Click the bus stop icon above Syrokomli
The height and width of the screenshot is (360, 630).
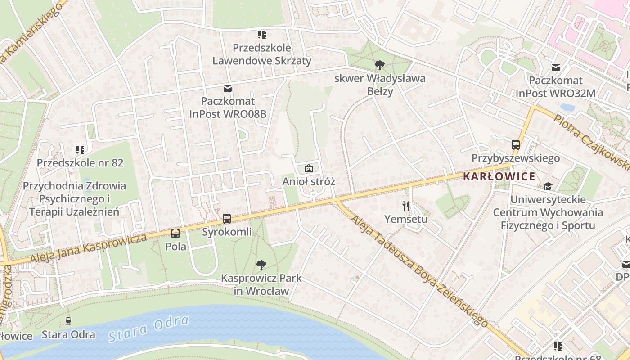point(227,219)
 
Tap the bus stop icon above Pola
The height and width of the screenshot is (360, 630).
point(175,233)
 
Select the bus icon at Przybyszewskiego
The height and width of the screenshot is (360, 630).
point(516,145)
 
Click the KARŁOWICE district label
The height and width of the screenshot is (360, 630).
point(499,176)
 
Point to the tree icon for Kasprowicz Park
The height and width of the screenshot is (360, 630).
point(261,265)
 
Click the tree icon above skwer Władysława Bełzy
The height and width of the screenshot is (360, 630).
point(379,65)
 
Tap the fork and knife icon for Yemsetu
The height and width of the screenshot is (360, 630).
point(406,206)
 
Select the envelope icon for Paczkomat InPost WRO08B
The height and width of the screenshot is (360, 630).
point(228,88)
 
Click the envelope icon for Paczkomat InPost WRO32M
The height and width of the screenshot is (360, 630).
point(556,67)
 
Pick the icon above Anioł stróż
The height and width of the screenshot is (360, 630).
point(309,168)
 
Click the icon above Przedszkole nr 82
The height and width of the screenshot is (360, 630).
point(80,149)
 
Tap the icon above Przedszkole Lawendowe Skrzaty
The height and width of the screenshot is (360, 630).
point(261,34)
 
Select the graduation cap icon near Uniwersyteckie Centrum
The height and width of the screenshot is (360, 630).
point(548,186)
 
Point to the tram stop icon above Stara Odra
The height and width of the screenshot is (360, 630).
point(68,321)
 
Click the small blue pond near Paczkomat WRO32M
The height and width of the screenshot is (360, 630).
point(567,108)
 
